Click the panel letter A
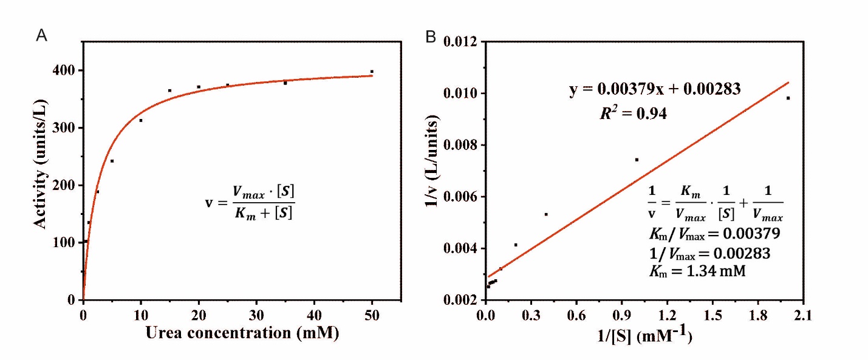(x=42, y=36)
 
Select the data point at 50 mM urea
(x=372, y=72)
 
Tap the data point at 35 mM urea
(x=285, y=83)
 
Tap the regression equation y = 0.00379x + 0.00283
(x=654, y=90)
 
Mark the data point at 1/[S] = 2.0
(x=788, y=98)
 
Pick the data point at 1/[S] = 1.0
(x=637, y=160)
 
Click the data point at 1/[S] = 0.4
(x=546, y=214)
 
